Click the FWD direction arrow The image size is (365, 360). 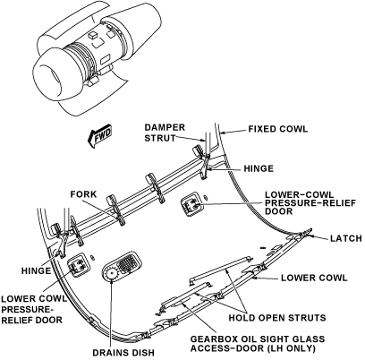[x=99, y=136]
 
